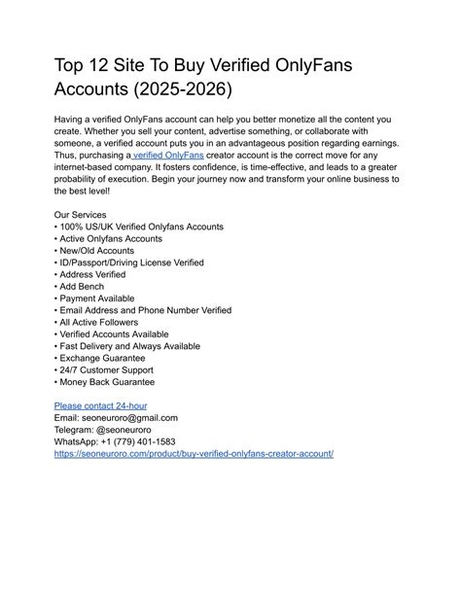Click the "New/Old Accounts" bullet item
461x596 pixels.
(x=100, y=250)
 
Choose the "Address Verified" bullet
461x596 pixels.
(x=98, y=274)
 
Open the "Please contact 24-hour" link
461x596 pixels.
(x=100, y=405)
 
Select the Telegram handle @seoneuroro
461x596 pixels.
(x=133, y=429)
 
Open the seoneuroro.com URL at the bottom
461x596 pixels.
(x=194, y=453)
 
